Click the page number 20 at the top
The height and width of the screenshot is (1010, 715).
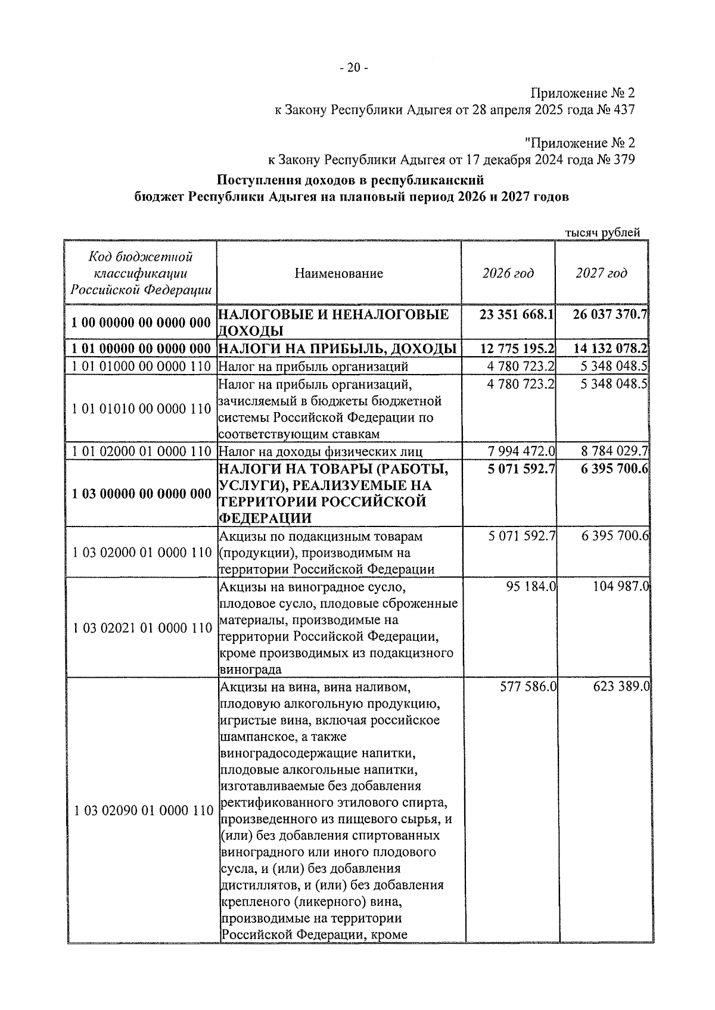click(355, 68)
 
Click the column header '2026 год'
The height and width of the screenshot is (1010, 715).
click(508, 273)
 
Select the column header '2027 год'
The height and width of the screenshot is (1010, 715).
click(601, 273)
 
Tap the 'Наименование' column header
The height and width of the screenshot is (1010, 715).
click(338, 273)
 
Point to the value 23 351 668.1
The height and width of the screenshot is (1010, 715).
click(517, 314)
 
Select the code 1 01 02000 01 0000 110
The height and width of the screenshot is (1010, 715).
click(142, 451)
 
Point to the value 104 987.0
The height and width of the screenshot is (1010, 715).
click(620, 587)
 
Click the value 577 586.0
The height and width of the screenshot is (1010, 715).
click(527, 687)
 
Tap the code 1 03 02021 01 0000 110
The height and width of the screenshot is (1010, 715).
click(142, 628)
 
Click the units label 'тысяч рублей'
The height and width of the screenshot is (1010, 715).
click(602, 233)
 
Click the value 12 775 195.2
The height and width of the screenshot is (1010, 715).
click(517, 348)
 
